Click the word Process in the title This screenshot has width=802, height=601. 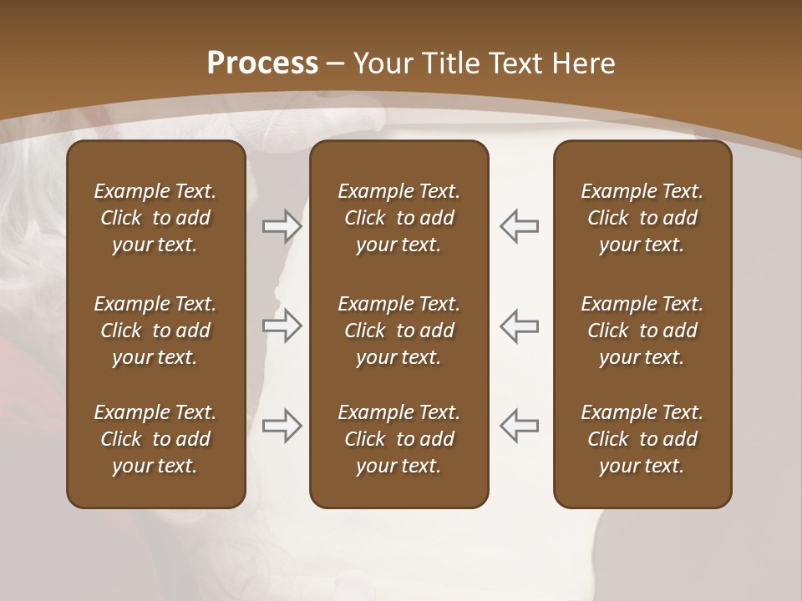tap(262, 63)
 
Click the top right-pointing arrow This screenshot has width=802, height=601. tap(282, 226)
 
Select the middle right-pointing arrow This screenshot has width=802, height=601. tap(282, 326)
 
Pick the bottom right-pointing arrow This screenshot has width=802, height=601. tap(282, 426)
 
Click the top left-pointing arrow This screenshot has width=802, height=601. tap(519, 226)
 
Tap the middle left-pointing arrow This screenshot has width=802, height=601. tap(519, 326)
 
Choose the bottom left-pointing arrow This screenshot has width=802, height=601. tap(519, 426)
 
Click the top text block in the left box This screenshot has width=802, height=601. tap(155, 218)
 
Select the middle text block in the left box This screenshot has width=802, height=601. tap(155, 331)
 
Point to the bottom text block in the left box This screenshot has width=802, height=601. tap(155, 439)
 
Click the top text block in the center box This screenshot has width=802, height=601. tap(398, 218)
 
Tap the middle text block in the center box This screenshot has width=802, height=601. tap(398, 331)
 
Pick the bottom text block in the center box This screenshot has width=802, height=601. tap(398, 439)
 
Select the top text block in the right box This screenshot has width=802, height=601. tap(642, 218)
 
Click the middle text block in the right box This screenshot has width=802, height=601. tap(642, 331)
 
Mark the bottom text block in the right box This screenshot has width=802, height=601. tap(642, 439)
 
